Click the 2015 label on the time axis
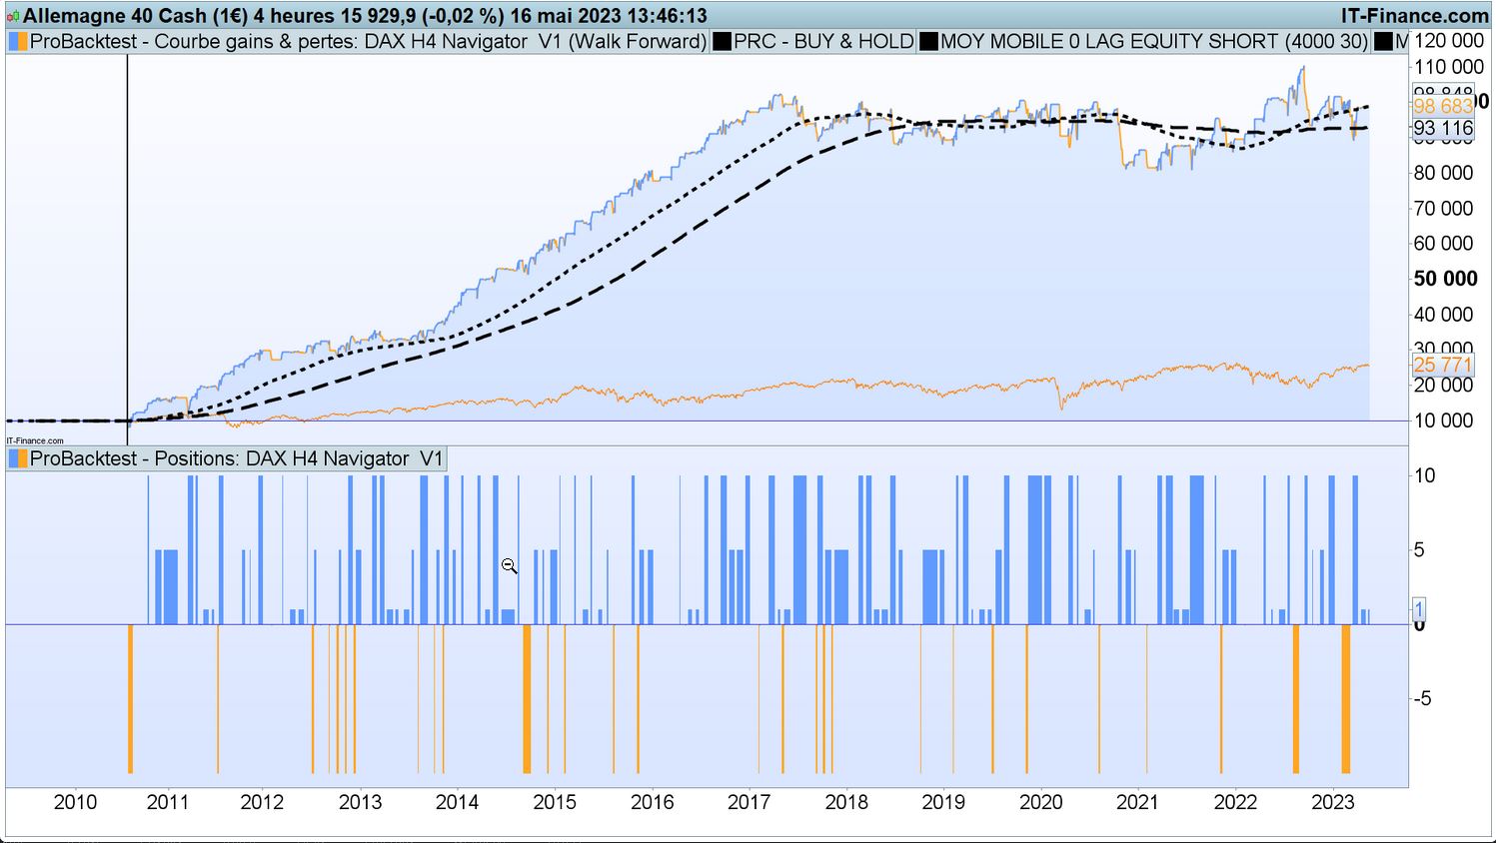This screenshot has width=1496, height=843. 555,802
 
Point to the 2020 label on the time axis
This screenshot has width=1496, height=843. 1040,802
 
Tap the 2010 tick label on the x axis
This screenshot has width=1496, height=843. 75,802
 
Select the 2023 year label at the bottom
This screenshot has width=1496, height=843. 1332,802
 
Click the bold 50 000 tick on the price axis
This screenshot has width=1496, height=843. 1445,279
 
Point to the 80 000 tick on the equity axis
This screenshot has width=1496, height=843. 1443,173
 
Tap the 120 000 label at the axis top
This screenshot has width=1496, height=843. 1448,41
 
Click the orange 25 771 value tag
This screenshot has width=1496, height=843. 1443,365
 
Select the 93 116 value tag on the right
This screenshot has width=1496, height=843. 1443,128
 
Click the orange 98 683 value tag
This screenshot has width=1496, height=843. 1443,106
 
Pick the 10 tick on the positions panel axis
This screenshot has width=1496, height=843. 1424,475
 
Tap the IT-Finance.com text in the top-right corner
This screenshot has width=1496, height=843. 1415,16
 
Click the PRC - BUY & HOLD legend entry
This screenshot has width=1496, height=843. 822,41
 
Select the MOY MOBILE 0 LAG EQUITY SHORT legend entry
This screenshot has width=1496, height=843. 1153,41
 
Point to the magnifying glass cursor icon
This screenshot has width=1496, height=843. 509,566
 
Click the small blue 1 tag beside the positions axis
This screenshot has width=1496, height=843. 1418,608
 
